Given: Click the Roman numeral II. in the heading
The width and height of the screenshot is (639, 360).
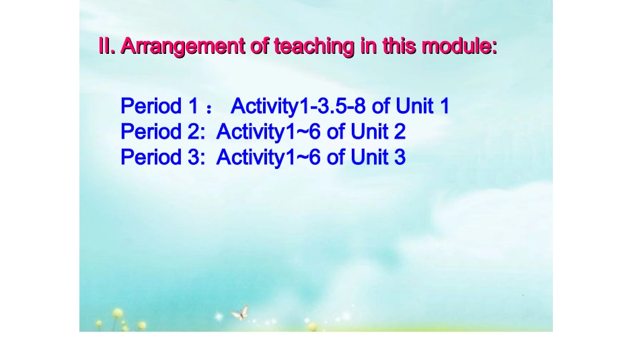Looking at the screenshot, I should point(108,47).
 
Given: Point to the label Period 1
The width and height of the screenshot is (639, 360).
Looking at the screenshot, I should point(159,106).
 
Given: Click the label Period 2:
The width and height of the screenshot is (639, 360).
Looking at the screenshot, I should point(162,132).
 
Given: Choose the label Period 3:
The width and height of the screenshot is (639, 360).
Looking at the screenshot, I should point(162,157).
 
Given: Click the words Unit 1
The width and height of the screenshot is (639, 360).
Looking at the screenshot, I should point(422,106).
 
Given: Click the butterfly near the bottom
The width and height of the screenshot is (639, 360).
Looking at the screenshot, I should point(240,312).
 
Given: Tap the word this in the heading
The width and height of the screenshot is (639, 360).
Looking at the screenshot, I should point(399,47).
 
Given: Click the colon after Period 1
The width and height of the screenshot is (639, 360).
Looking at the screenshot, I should point(209,108).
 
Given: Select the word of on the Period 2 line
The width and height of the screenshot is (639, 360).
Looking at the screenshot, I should point(336,132).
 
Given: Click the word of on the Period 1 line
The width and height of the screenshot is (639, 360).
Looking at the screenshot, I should point(381,106).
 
